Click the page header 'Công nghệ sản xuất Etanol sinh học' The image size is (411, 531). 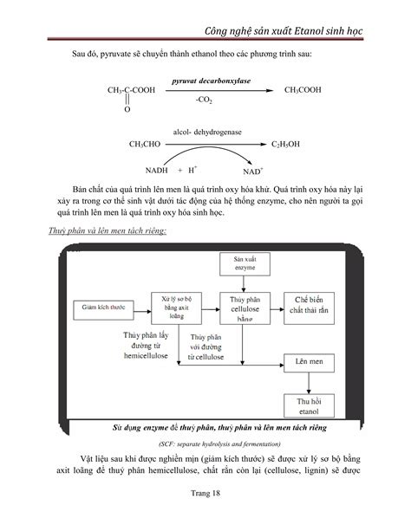tap(284, 31)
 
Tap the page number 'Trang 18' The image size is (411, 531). tap(205, 493)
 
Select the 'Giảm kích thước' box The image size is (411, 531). tap(103, 310)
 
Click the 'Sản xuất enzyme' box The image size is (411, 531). tap(245, 264)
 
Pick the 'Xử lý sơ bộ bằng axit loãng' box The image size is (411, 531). tap(176, 308)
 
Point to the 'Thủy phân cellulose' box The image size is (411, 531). tap(245, 308)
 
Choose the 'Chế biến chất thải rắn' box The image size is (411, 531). tap(309, 308)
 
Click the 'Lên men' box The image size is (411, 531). tap(309, 363)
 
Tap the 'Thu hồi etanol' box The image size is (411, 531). tap(309, 405)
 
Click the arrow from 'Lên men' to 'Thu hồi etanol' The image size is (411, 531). tap(309, 383)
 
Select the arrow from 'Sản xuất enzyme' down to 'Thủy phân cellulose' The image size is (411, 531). tap(244, 284)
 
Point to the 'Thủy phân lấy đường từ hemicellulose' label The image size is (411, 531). tap(146, 346)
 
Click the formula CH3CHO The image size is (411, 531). tap(145, 145)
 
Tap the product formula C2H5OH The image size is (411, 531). tap(285, 145)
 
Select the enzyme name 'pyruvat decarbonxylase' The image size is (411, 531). tap(211, 81)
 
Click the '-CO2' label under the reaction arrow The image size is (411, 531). tap(204, 100)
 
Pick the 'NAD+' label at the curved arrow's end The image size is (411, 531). tap(253, 172)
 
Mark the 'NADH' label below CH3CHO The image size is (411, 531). tap(156, 171)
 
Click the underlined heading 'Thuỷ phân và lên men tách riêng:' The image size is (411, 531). tap(108, 231)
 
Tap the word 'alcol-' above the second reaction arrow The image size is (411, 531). tap(182, 132)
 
